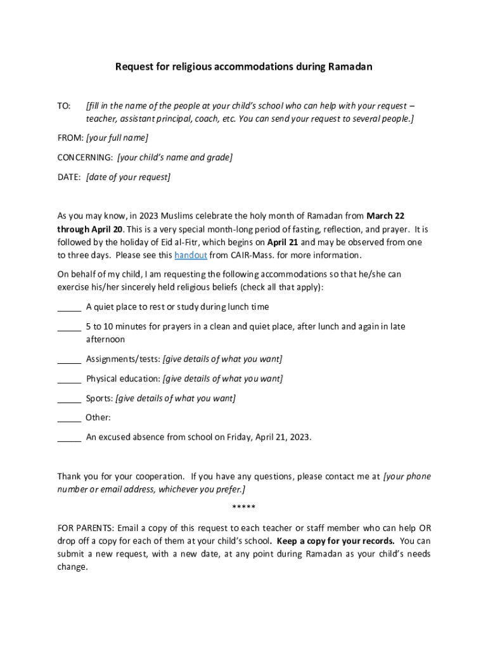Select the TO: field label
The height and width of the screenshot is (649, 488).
pyautogui.click(x=64, y=106)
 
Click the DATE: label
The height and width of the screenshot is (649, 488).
pyautogui.click(x=69, y=177)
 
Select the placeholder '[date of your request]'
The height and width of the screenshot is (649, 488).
pyautogui.click(x=128, y=177)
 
